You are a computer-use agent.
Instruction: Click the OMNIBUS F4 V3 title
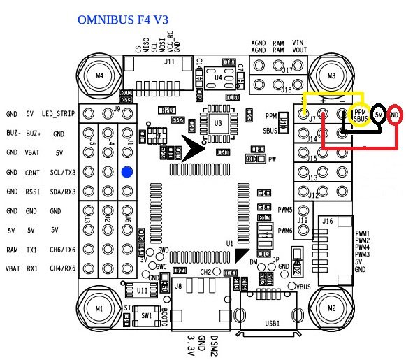click(126, 33)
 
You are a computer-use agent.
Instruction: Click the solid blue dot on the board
click(127, 172)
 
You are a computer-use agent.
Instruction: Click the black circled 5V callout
click(378, 113)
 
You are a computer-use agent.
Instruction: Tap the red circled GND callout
click(394, 113)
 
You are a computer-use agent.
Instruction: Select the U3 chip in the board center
click(219, 123)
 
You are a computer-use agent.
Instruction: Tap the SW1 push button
click(146, 316)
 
